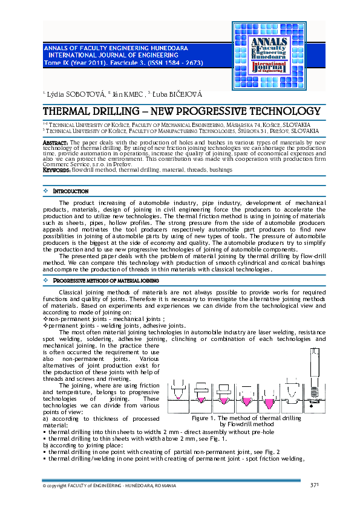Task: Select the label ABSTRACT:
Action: click(x=55, y=142)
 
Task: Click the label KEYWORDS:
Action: click(x=57, y=170)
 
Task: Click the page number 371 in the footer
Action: click(x=315, y=485)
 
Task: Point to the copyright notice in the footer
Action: click(x=109, y=486)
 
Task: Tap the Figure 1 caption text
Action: click(x=246, y=421)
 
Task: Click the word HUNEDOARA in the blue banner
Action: click(x=165, y=47)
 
